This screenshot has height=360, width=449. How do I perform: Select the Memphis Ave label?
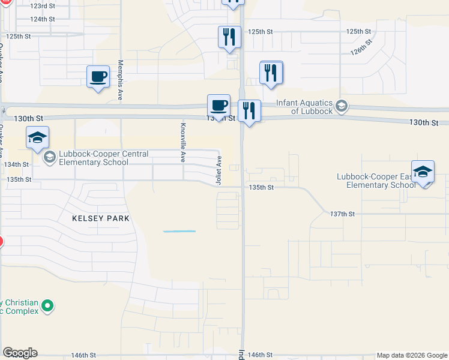121,80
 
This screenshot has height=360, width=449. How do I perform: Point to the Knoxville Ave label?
183,143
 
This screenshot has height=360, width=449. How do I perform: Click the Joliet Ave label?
219,170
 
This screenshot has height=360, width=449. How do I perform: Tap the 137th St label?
343,214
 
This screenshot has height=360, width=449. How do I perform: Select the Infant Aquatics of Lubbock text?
304,106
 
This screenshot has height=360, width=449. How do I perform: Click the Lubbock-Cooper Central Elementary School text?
95,158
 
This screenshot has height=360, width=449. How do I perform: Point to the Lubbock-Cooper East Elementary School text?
376,181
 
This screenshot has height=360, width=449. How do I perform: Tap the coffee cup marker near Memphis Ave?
98,77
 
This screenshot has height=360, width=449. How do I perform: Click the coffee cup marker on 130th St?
218,105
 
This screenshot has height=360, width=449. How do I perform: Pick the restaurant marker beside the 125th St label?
229,37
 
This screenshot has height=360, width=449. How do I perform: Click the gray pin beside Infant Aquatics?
342,106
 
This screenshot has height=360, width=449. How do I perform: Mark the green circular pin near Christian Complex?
49,307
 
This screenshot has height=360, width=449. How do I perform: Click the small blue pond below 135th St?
179,232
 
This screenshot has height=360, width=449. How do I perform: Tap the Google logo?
20,353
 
